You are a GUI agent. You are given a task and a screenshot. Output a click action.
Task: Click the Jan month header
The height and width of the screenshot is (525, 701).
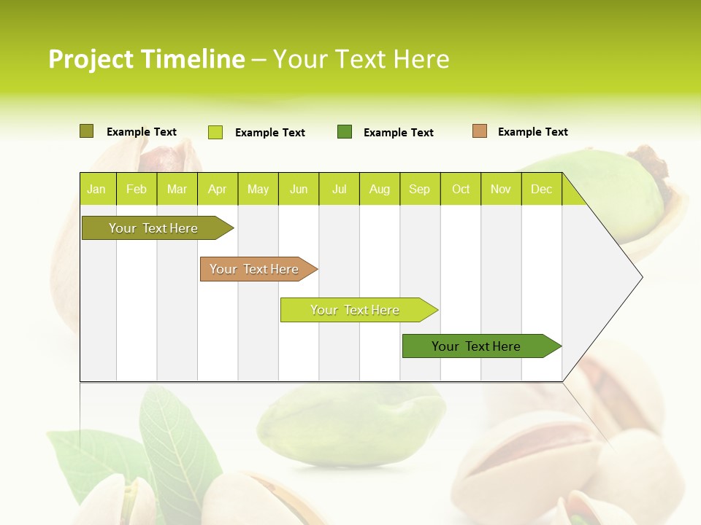pos(96,189)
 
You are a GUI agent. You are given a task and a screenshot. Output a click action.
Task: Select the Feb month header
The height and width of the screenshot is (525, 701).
pos(137,189)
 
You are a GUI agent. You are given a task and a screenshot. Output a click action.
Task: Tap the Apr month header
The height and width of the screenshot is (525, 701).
pos(217,189)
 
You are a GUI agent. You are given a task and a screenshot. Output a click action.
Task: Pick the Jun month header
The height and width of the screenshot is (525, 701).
pos(299,189)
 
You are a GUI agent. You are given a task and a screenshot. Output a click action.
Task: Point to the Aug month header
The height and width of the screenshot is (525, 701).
pos(379,189)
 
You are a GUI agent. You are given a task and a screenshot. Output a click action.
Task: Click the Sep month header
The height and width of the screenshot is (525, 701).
pos(419,189)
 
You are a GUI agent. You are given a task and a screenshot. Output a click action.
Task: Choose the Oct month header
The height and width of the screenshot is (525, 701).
pos(461,189)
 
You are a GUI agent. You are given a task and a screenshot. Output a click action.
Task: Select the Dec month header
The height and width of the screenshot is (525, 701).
pos(541,189)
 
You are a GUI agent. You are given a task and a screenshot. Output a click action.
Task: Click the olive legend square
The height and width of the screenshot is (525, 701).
pos(86,131)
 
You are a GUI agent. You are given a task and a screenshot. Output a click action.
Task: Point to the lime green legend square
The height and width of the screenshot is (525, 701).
pos(215,132)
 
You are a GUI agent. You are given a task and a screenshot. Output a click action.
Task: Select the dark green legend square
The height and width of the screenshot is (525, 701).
pos(345,131)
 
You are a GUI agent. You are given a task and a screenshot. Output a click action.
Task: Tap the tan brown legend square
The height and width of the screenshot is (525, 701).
pos(480,131)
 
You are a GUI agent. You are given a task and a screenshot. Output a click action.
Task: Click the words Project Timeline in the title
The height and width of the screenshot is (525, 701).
pos(146,59)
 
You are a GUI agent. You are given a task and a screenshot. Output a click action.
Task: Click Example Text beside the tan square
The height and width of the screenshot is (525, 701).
pos(532,132)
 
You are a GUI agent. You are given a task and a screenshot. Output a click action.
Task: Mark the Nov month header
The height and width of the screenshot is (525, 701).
pos(501,189)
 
